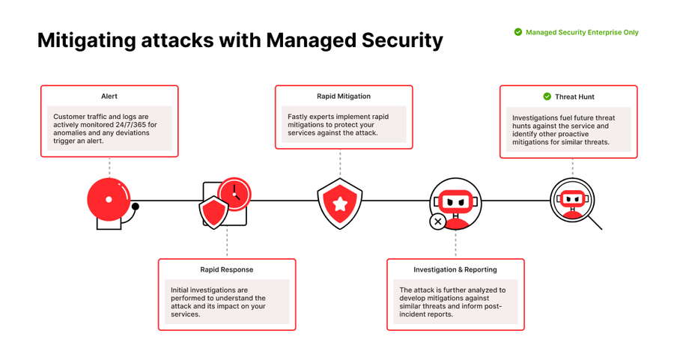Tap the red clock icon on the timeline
235,193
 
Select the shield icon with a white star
340,202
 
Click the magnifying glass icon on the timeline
574,203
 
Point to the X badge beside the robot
437,221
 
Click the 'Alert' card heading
109,97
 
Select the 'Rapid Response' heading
226,269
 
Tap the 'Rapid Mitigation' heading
344,97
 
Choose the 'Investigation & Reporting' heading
455,269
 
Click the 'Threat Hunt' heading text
574,97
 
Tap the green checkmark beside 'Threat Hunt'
547,97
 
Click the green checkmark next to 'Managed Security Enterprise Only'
517,32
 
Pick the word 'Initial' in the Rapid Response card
180,290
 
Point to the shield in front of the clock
213,213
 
